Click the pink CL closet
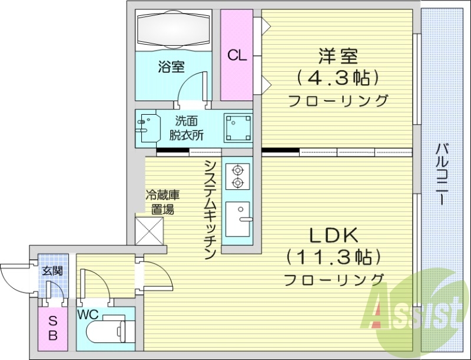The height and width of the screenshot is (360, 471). [x=237, y=55]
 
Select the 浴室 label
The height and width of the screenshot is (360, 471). [x=171, y=67]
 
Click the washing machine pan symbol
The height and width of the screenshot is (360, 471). [x=237, y=127]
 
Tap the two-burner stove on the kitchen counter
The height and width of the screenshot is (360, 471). [x=237, y=176]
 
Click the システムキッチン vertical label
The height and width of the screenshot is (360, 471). [x=209, y=209]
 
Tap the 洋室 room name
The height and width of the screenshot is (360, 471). [x=338, y=58]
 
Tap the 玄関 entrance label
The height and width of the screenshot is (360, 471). [x=52, y=272]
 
